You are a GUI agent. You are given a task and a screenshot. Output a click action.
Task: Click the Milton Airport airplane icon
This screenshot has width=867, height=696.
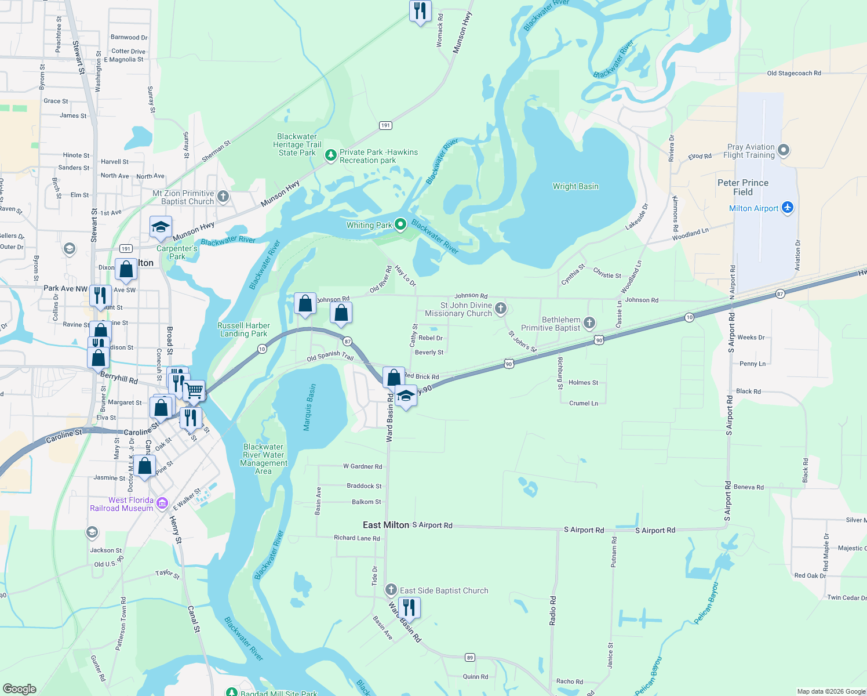pos(787,208)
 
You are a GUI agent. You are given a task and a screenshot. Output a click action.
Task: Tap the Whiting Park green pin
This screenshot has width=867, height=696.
pos(400,224)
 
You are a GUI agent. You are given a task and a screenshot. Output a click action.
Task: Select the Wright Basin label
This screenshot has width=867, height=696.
pos(575,186)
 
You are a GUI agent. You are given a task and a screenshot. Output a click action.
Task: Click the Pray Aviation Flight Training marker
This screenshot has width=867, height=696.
pos(784,150)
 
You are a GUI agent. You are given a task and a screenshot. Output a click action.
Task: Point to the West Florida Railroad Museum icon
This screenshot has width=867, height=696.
pos(162,503)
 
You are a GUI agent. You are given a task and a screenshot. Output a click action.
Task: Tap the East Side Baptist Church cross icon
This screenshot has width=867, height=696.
pos(391,590)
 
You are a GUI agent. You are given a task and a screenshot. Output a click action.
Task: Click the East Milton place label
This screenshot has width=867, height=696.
pos(386,525)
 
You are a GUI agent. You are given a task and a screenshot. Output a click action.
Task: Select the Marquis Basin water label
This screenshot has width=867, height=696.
pos(309,407)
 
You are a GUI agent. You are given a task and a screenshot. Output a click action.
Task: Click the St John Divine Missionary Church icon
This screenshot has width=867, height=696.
pos(501,308)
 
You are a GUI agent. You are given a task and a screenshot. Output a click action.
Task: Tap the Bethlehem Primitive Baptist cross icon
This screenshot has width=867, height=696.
pos(589,322)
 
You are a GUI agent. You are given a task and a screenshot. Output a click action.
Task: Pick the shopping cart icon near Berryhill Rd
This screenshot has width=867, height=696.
pos(194,391)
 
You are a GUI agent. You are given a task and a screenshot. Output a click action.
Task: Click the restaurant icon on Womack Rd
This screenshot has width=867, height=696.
pos(420,10)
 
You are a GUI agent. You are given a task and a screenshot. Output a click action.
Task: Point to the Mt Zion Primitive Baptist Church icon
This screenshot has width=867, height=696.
pos(223,197)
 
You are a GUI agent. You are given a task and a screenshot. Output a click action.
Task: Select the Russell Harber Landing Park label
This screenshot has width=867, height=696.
pos(243,329)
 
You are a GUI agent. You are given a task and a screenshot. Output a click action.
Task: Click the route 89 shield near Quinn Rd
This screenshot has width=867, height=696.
pos(470,657)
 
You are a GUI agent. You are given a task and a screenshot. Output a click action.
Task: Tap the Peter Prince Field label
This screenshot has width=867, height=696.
pos(742,187)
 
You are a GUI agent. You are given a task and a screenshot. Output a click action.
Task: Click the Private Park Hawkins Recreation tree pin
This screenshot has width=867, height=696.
pos(330,155)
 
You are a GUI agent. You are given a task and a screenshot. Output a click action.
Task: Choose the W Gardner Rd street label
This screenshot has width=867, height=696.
pos(362,466)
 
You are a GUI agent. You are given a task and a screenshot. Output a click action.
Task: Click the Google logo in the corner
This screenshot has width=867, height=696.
pos(20,688)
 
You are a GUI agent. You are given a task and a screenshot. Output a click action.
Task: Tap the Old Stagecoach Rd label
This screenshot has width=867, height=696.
pos(793,73)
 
